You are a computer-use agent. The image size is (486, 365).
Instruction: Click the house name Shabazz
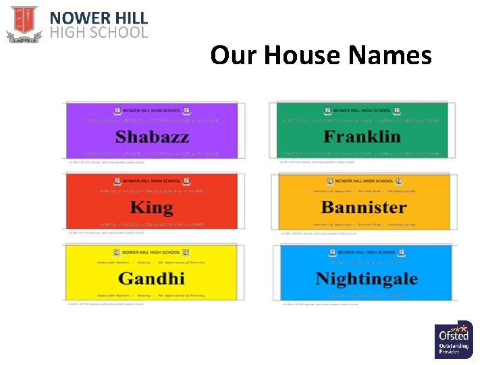click(x=152, y=137)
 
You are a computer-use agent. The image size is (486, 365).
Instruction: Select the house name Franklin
click(x=362, y=137)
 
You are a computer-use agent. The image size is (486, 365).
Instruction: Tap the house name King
click(x=151, y=207)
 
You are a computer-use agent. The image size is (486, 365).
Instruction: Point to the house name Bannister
click(x=364, y=207)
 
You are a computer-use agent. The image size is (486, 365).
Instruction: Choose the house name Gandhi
click(x=151, y=278)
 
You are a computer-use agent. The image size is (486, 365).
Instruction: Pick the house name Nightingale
click(x=367, y=278)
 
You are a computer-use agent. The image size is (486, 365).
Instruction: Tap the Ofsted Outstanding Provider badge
click(x=454, y=339)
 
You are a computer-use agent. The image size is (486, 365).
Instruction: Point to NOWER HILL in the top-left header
click(x=99, y=18)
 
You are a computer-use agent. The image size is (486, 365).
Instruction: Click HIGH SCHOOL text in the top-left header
click(x=99, y=32)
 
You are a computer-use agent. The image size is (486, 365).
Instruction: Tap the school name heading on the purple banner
click(x=152, y=110)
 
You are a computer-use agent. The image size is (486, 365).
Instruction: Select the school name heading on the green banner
click(x=362, y=110)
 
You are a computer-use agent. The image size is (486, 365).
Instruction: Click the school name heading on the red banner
click(x=152, y=181)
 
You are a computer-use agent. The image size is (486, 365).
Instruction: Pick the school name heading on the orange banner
click(x=364, y=181)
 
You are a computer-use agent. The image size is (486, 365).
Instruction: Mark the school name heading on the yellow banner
click(x=152, y=251)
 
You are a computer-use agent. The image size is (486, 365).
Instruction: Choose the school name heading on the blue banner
click(x=367, y=252)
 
